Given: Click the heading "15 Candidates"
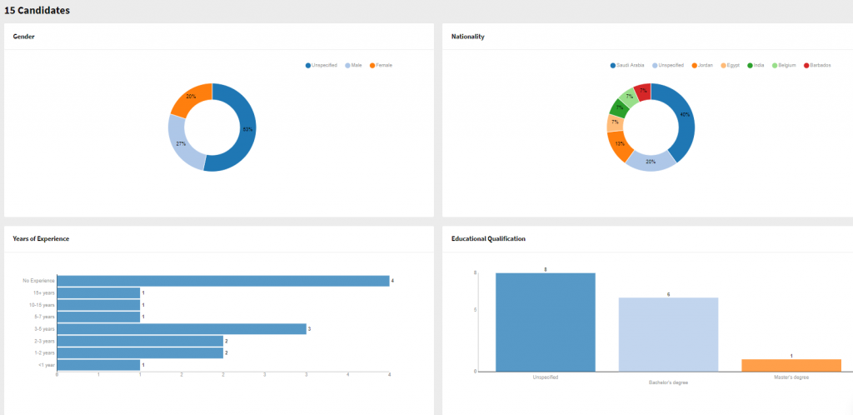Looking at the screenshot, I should click(x=37, y=11).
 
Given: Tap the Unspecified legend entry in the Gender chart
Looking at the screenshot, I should click(x=323, y=65).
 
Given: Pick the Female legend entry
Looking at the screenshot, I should click(x=383, y=65).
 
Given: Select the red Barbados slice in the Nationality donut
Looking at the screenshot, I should click(x=642, y=90).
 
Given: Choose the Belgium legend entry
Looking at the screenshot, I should click(x=786, y=65).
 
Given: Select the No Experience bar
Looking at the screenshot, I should click(x=222, y=281).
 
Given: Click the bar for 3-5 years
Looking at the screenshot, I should click(x=181, y=329).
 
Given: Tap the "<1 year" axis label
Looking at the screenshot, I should click(x=46, y=365).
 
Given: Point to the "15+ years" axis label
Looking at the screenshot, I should click(x=44, y=293).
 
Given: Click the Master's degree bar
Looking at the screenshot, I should click(x=791, y=365).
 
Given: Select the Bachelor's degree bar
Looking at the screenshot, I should click(x=668, y=334).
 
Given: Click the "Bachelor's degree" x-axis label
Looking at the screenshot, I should click(x=668, y=382).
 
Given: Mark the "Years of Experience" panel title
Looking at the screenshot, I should click(x=41, y=238).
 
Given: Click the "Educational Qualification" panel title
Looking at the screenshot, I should click(x=488, y=238).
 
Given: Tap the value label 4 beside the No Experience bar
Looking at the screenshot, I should click(x=392, y=281).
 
